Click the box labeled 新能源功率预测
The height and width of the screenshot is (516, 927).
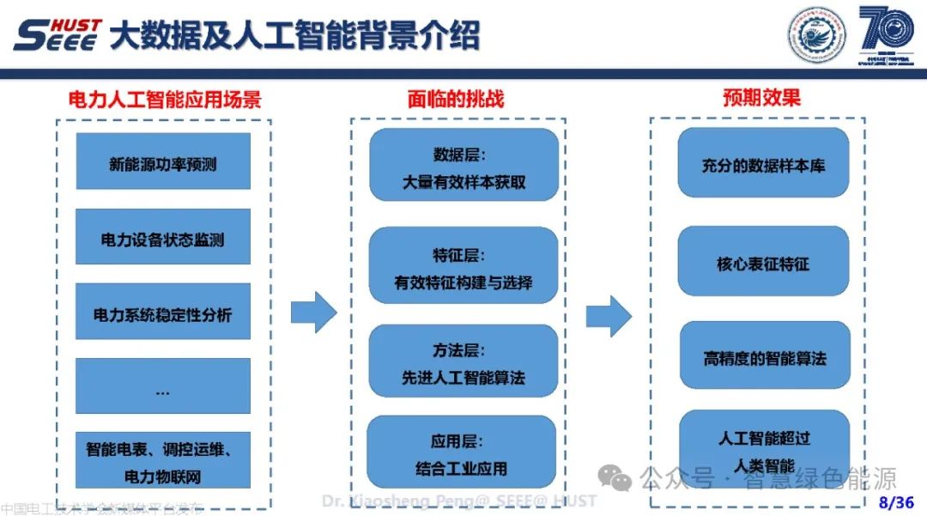pos(163,161)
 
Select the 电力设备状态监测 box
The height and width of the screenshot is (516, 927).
pos(163,237)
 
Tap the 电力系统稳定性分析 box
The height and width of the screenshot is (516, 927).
pos(163,313)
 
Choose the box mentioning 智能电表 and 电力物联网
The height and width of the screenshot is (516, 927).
pos(163,461)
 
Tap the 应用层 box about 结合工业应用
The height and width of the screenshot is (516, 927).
pos(463,454)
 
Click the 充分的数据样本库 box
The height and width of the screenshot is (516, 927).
pos(763,163)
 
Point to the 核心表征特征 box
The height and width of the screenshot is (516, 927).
pos(763,262)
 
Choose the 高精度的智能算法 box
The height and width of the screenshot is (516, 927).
pos(763,358)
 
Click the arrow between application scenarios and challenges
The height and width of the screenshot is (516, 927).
pos(314,312)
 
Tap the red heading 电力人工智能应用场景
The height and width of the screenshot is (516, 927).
pos(165,100)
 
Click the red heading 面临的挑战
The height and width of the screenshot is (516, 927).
pos(456,100)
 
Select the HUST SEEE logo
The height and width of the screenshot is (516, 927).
pos(58,35)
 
